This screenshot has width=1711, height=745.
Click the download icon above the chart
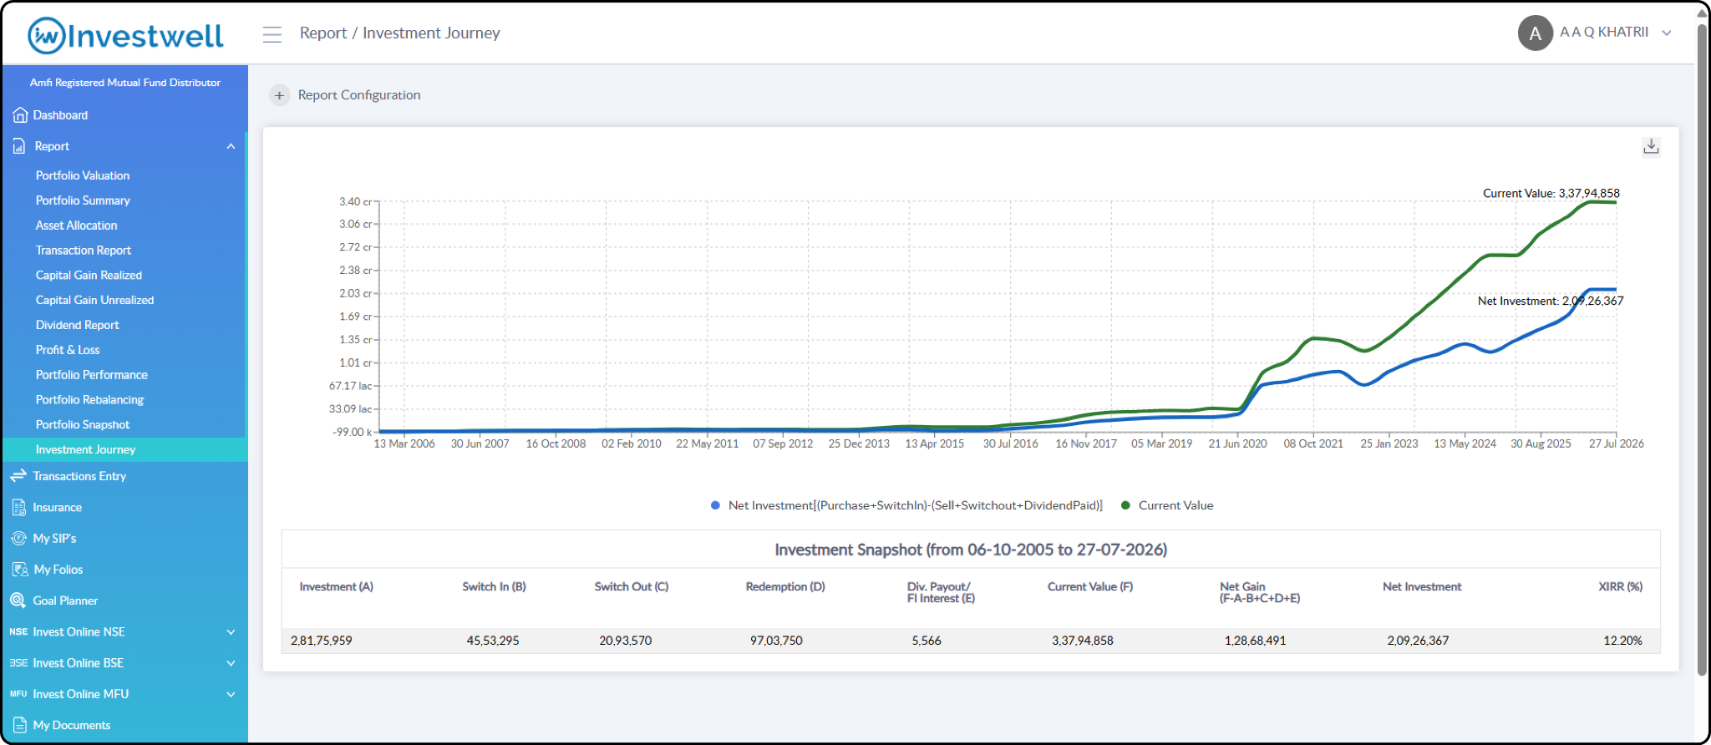[x=1651, y=146]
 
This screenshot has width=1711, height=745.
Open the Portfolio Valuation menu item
[x=83, y=175]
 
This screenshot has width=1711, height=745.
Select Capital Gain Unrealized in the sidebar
[x=94, y=300]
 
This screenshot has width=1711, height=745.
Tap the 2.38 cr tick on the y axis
[x=356, y=270]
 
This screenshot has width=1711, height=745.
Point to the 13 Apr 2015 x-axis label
[x=934, y=443]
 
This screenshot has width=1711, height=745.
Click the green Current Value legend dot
[x=1125, y=505]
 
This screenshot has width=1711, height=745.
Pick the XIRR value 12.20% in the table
[x=1622, y=641]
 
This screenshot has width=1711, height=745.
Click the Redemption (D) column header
[x=785, y=587]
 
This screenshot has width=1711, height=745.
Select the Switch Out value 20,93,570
[x=625, y=641]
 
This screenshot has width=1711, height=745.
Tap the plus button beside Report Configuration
[x=279, y=95]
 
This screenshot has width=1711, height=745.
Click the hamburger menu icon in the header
[x=272, y=34]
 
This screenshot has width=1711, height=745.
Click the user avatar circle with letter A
[x=1535, y=33]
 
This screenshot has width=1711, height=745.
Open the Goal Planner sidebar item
[x=65, y=601]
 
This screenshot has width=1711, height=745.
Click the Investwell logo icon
[x=46, y=36]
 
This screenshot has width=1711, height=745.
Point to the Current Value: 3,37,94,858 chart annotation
[x=1551, y=193]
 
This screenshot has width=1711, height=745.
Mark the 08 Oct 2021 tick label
[x=1313, y=443]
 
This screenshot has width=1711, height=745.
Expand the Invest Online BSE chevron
[x=231, y=663]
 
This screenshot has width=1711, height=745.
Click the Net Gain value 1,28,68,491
[x=1255, y=641]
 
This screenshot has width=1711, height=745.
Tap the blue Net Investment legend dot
[x=715, y=505]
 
